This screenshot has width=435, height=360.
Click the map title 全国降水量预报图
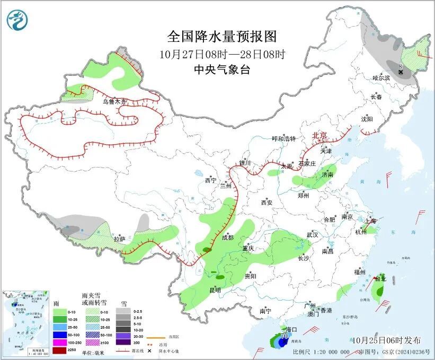[222, 37]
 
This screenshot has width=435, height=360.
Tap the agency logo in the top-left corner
[17, 20]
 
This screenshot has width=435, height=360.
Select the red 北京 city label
[320, 135]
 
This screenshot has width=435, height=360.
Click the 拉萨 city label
[120, 239]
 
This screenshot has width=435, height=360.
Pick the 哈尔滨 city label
[380, 77]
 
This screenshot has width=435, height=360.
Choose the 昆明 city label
[215, 289]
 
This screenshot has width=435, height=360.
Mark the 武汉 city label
[312, 234]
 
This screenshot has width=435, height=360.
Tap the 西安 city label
[267, 202]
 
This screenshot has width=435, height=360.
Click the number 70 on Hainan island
[284, 336]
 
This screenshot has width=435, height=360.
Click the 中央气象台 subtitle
[221, 69]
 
